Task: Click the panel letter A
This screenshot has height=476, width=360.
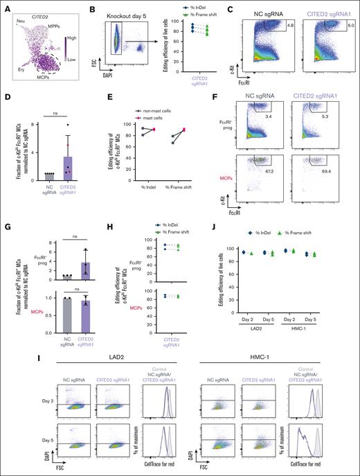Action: [x=5, y=6]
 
